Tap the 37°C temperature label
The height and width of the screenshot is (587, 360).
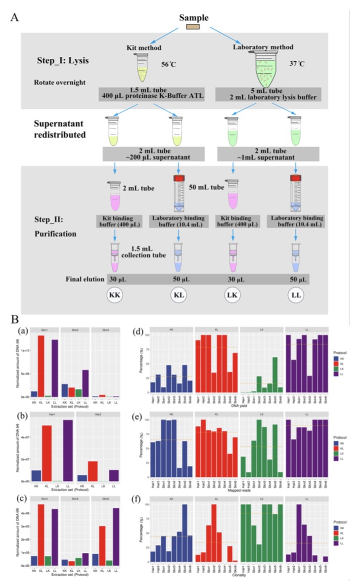coord(296,64)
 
